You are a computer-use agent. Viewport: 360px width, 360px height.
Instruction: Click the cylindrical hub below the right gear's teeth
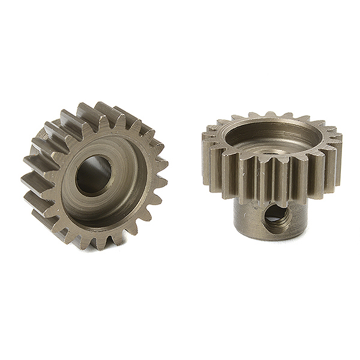coord(252,216)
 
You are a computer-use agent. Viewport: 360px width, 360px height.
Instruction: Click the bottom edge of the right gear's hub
coord(264,237)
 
